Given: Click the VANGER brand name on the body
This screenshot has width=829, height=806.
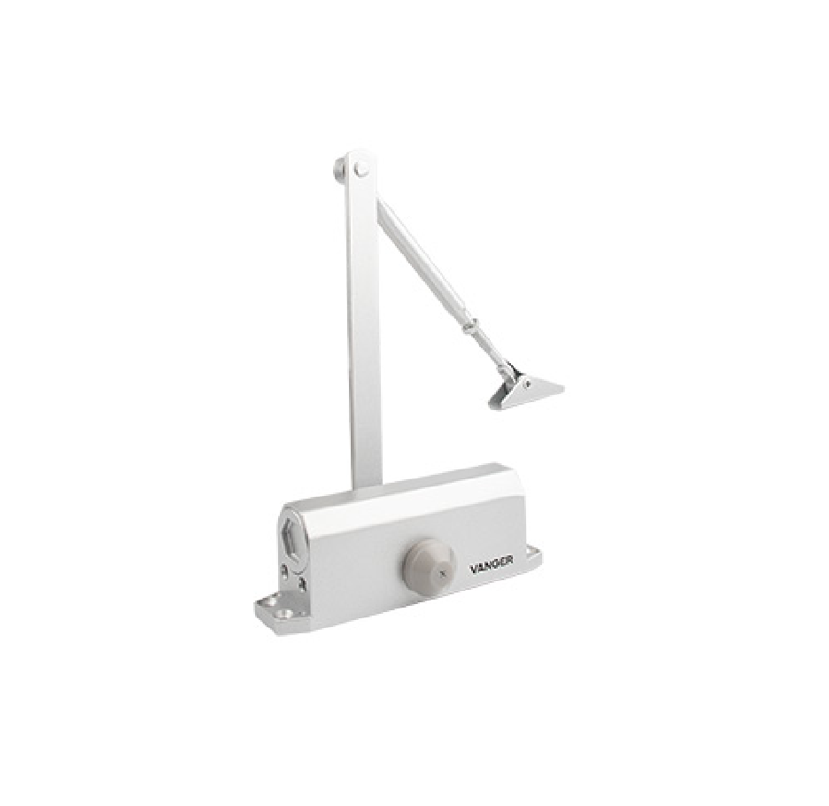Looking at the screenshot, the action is tap(492, 567).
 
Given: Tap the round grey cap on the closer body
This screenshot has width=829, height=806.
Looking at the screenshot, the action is tap(429, 565).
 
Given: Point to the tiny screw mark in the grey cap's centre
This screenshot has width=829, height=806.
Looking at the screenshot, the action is tap(443, 571).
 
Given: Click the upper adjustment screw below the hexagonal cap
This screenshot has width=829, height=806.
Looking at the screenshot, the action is tap(286, 570).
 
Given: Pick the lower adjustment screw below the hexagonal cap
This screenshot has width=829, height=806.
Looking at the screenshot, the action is tap(303, 584).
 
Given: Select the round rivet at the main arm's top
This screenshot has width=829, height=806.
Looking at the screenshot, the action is tap(362, 169).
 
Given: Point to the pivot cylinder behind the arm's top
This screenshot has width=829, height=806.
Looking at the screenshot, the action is tap(339, 169).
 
